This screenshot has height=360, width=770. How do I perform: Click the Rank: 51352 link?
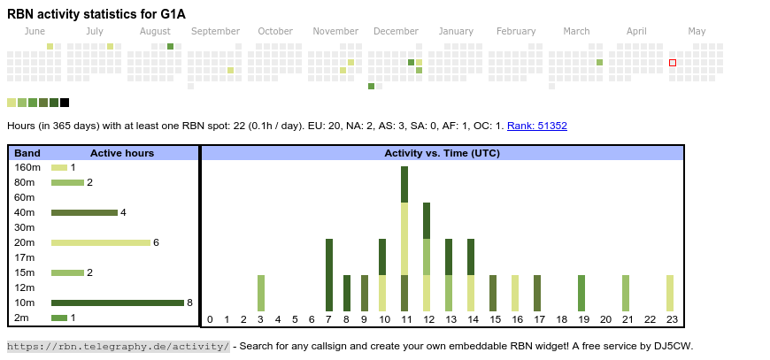click(x=537, y=126)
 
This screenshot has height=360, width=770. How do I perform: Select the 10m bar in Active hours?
click(x=118, y=303)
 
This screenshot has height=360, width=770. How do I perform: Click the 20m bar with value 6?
click(x=101, y=242)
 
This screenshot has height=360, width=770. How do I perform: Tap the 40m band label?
click(x=25, y=212)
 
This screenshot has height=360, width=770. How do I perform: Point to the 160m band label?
click(x=27, y=167)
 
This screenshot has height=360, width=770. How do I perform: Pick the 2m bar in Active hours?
click(x=59, y=318)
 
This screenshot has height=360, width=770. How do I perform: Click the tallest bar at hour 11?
click(x=404, y=239)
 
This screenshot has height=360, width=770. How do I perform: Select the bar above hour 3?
click(x=261, y=293)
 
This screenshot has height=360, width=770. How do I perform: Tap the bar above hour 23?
click(x=670, y=293)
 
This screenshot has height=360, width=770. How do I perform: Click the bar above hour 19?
click(x=581, y=293)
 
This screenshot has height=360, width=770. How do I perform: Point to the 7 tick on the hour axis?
click(x=328, y=319)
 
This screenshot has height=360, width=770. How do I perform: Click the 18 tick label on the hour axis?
click(x=561, y=319)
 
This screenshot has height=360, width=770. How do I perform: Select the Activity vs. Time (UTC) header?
click(x=442, y=153)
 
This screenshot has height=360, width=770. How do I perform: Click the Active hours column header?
click(x=122, y=153)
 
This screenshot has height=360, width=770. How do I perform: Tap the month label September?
click(x=215, y=31)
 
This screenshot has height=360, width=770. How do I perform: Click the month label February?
click(x=516, y=31)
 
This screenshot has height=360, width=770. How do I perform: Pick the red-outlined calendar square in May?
click(x=673, y=63)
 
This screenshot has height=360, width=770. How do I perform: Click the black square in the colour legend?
click(x=65, y=103)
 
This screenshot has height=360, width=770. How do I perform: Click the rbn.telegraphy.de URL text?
click(x=119, y=346)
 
